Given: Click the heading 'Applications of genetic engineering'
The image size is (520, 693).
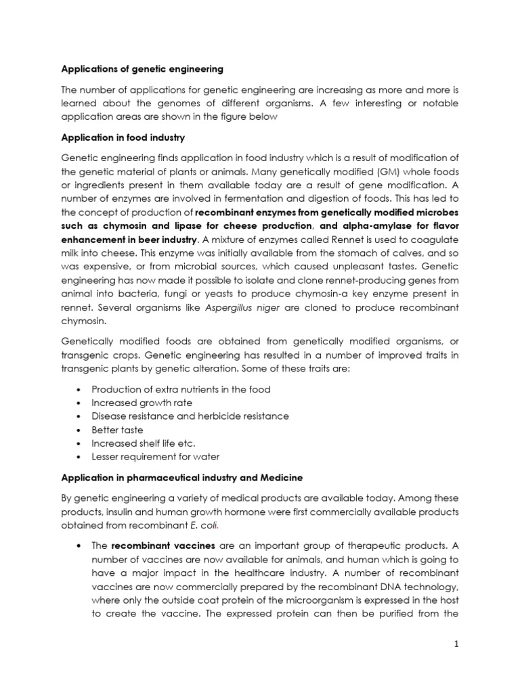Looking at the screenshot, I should [x=142, y=68].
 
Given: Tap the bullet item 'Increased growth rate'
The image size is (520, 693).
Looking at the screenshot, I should [x=141, y=403].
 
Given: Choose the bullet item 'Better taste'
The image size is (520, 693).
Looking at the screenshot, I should [x=117, y=430].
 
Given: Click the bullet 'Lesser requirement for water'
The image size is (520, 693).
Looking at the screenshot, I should [x=156, y=457].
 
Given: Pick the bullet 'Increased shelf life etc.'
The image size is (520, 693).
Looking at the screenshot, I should [x=144, y=443].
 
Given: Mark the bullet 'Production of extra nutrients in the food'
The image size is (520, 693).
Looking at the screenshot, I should [x=181, y=389].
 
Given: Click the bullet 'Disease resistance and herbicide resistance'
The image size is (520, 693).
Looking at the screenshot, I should [x=190, y=416].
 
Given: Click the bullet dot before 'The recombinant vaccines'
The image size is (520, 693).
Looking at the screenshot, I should [x=81, y=545].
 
